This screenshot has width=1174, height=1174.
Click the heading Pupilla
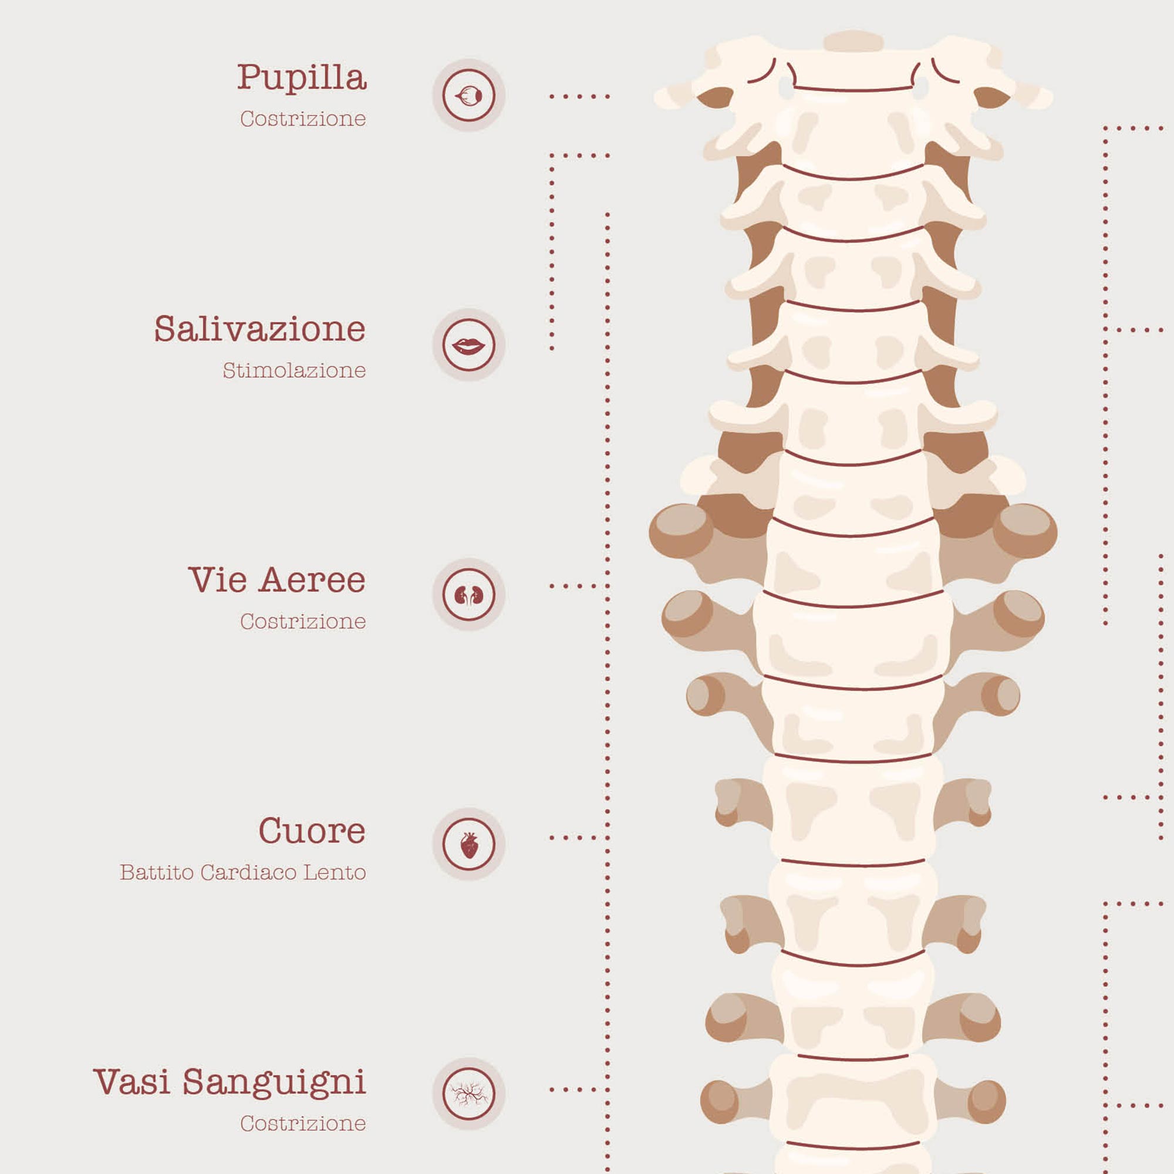tap(302, 79)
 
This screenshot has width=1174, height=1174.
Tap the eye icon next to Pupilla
tap(468, 96)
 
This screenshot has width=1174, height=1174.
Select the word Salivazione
tap(260, 329)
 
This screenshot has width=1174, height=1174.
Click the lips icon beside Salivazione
tap(468, 345)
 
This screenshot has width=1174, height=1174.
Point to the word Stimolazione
tap(294, 370)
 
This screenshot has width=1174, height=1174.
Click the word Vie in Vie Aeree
tap(217, 580)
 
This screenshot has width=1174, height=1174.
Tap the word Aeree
tap(312, 580)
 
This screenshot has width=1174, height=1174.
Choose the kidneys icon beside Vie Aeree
tap(468, 594)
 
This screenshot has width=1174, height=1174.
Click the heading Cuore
tap(312, 830)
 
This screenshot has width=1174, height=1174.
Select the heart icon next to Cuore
tap(468, 845)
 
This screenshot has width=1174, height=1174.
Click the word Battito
tap(157, 872)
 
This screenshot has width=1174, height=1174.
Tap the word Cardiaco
tap(248, 872)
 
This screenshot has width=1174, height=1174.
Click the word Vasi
tap(131, 1082)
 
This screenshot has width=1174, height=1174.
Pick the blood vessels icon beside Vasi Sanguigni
tap(468, 1094)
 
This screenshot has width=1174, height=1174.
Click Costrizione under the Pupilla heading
tap(303, 119)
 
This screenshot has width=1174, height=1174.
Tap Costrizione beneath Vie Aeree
tap(303, 621)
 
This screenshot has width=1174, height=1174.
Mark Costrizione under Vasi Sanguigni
tap(303, 1123)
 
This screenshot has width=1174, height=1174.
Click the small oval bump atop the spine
tap(852, 41)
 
